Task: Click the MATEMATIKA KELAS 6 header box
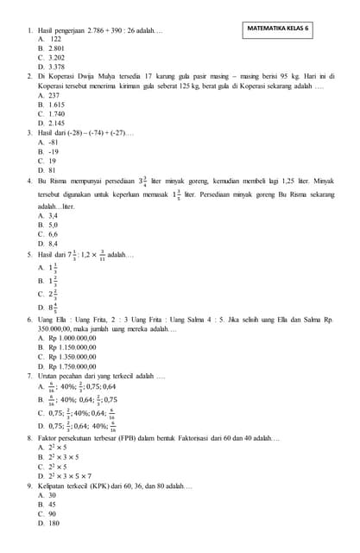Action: (x=278, y=28)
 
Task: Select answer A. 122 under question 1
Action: (x=50, y=40)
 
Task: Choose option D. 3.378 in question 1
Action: (x=52, y=67)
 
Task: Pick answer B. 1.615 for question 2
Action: (x=52, y=104)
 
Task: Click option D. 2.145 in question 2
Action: (x=52, y=124)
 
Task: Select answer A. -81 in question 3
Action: (x=48, y=142)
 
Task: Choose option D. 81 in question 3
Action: (x=48, y=170)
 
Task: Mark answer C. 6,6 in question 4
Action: (x=48, y=234)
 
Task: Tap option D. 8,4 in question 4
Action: (x=48, y=244)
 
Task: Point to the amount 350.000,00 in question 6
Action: (x=54, y=328)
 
